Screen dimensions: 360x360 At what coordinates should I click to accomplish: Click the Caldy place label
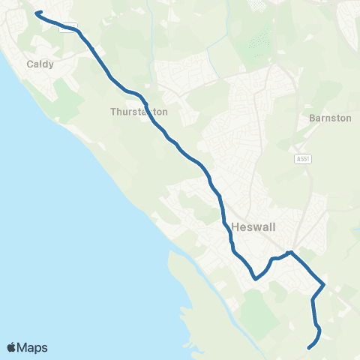(40, 64)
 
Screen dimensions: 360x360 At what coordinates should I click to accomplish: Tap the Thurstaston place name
(139, 112)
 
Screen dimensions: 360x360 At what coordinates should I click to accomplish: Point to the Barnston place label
(330, 118)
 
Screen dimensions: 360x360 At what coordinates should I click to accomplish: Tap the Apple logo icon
(12, 347)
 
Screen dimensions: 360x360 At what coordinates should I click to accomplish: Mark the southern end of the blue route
(309, 347)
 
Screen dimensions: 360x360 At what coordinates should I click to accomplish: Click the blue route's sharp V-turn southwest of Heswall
(256, 278)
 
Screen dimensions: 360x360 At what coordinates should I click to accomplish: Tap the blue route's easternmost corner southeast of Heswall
(323, 284)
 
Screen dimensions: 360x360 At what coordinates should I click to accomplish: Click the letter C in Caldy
(30, 64)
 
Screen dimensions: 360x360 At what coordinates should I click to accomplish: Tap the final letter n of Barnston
(349, 118)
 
